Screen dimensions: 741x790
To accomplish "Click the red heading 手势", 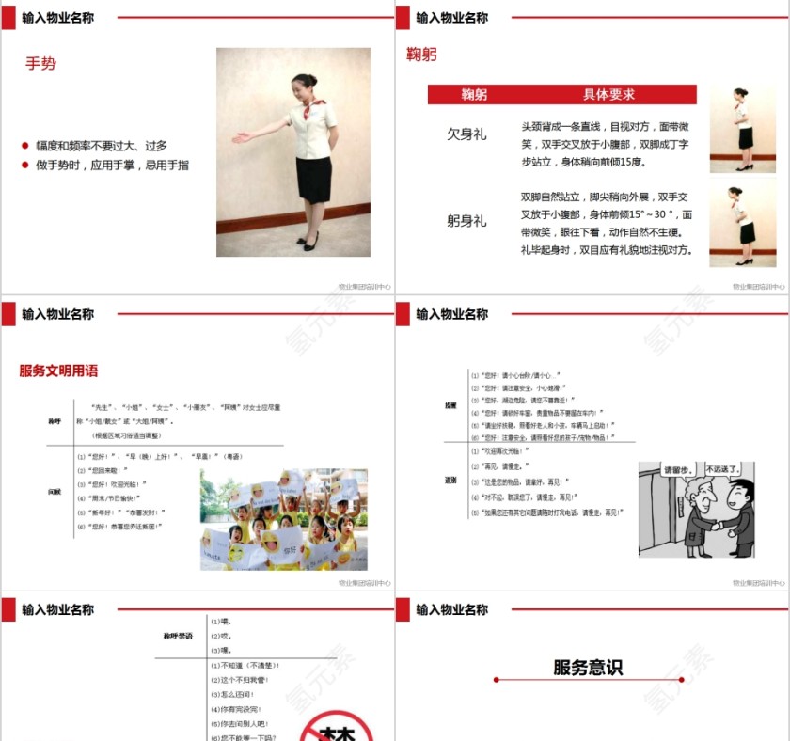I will (x=40, y=64).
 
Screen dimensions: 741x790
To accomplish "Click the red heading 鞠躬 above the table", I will (x=421, y=55).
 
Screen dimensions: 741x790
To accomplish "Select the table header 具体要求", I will (x=608, y=94).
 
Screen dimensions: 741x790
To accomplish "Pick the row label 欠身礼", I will (x=466, y=134).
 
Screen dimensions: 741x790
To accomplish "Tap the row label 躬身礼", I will (x=466, y=221).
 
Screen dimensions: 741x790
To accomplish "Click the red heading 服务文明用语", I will (x=58, y=370).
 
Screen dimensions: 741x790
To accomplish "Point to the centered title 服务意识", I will (x=588, y=668).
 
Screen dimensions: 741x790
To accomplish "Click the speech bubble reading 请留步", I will (x=676, y=468).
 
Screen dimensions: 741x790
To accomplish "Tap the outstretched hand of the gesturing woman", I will (x=242, y=138).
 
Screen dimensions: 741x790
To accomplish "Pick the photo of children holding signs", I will (x=283, y=520).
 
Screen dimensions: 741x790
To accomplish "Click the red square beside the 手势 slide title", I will (x=8, y=18).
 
